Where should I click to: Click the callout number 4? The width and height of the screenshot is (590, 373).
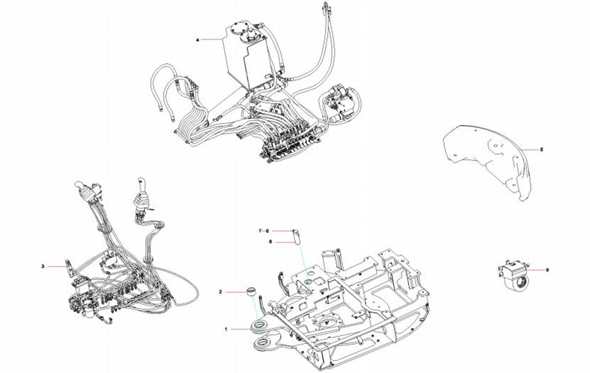tap(198, 40)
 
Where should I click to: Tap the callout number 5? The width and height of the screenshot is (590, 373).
tap(541, 149)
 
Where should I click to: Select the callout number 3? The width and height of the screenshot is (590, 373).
tap(43, 266)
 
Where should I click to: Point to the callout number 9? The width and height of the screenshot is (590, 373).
tap(547, 269)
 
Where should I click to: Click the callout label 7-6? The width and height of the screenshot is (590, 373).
tap(263, 231)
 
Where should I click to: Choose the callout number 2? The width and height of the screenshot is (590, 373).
tap(220, 292)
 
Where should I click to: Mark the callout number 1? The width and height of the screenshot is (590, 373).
tap(226, 329)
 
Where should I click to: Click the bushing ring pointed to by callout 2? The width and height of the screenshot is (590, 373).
tap(249, 292)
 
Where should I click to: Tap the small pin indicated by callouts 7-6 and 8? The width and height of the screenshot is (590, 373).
tap(296, 235)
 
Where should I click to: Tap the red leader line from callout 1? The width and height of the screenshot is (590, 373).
tap(241, 329)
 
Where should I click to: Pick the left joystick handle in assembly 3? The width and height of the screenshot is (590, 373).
tap(84, 191)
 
